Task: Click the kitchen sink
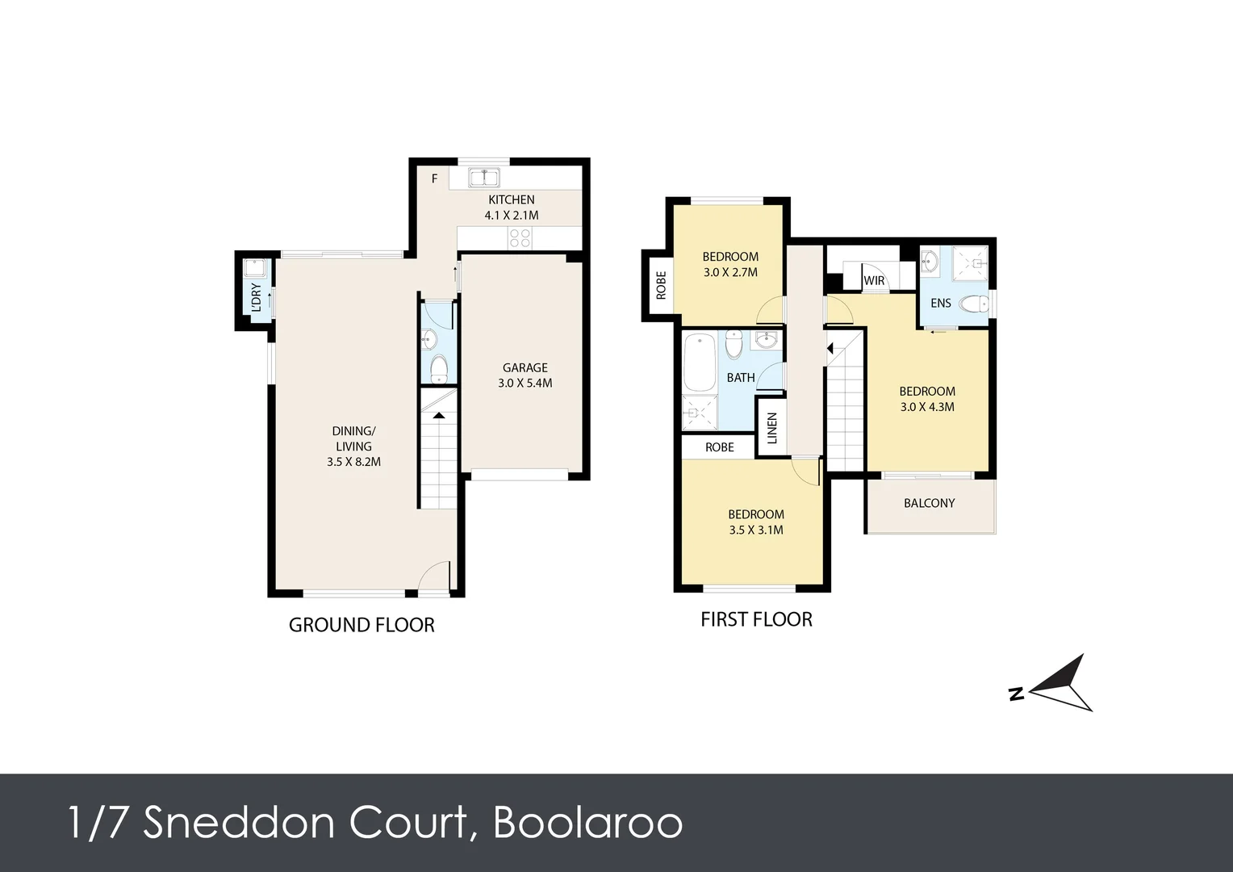pos(484,178)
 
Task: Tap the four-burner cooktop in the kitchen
pos(520,238)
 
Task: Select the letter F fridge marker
pos(434,178)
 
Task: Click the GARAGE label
pos(525,367)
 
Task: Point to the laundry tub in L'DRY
pos(255,269)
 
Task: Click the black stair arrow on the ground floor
pos(439,415)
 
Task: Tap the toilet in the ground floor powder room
pos(439,368)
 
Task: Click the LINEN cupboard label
pos(771,428)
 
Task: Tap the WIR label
pos(874,280)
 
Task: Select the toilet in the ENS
pos(974,303)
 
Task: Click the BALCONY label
pos(929,503)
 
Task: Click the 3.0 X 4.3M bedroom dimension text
pos(927,407)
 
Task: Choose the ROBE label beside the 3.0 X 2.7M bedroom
pos(661,285)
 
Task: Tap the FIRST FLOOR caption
pos(756,620)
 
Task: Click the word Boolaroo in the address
pos(588,823)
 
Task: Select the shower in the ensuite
pos(971,263)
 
